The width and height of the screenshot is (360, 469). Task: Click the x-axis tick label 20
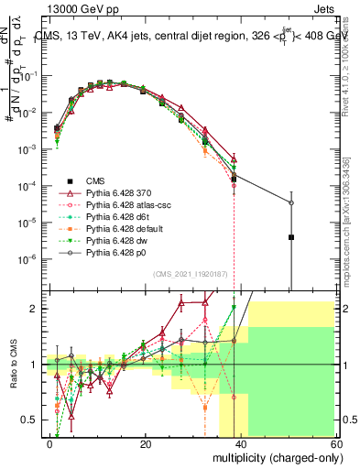tap(145, 444)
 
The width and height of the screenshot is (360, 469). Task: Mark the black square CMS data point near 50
tap(290, 237)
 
